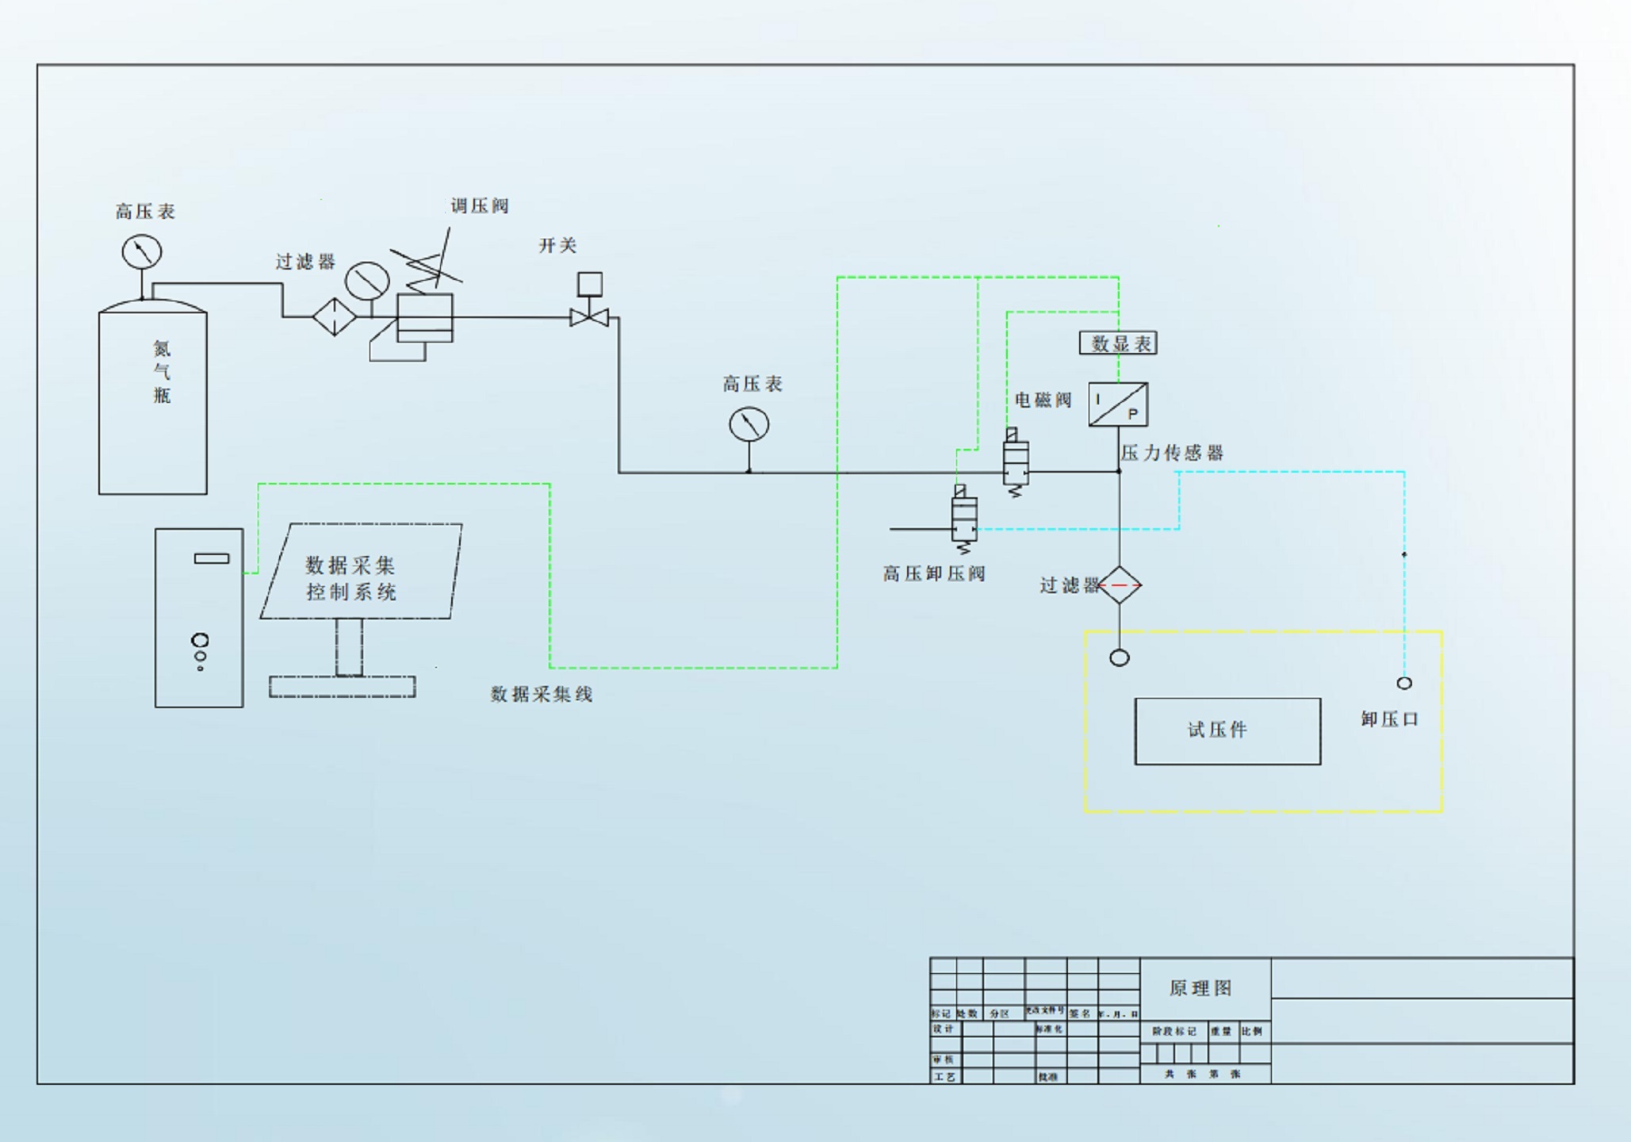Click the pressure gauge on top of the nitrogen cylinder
tap(142, 252)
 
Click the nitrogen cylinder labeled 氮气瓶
tap(153, 400)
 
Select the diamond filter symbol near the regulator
tap(334, 316)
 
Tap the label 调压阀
tap(479, 206)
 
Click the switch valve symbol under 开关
tap(589, 317)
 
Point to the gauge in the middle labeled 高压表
tap(748, 425)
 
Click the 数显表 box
tap(1118, 343)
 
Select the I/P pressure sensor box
tap(1118, 404)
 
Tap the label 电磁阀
tap(1043, 400)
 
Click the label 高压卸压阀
tap(933, 573)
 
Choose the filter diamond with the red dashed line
tap(1119, 585)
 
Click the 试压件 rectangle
tap(1227, 731)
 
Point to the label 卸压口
tap(1389, 719)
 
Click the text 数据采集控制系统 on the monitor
tap(350, 578)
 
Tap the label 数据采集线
tap(541, 695)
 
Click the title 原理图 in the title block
tap(1200, 988)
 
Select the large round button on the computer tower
tap(200, 640)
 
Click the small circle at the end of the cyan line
tap(1404, 683)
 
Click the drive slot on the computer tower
tap(212, 558)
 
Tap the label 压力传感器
tap(1171, 453)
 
